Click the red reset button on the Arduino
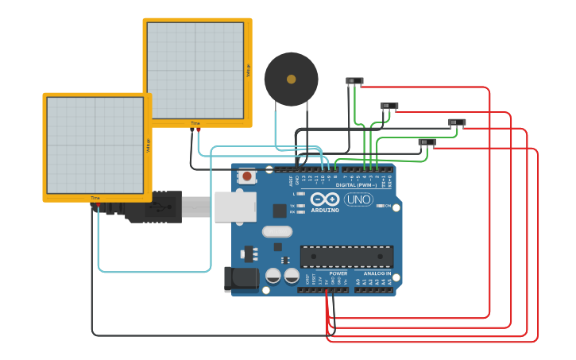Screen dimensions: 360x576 pos(247,176)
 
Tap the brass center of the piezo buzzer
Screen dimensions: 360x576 pos(291,79)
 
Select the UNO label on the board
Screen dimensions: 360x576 pos(358,199)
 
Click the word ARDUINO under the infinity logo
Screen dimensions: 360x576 pos(325,211)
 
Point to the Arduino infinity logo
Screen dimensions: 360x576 pos(325,199)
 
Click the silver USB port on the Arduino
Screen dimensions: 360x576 pos(235,207)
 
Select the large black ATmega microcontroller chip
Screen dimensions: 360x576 pos(346,256)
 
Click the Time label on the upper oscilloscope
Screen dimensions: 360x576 pos(195,123)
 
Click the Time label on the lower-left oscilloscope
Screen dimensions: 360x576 pos(95,198)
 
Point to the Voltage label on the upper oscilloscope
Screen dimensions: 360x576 pos(248,71)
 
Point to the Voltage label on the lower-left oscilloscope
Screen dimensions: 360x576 pos(148,145)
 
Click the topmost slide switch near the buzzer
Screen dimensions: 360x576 pos(354,81)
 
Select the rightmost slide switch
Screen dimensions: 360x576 pos(457,122)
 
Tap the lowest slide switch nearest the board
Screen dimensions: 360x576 pos(427,142)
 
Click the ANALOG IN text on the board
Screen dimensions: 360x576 pos(377,273)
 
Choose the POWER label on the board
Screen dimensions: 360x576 pos(338,273)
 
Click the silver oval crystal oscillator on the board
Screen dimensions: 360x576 pos(276,232)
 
